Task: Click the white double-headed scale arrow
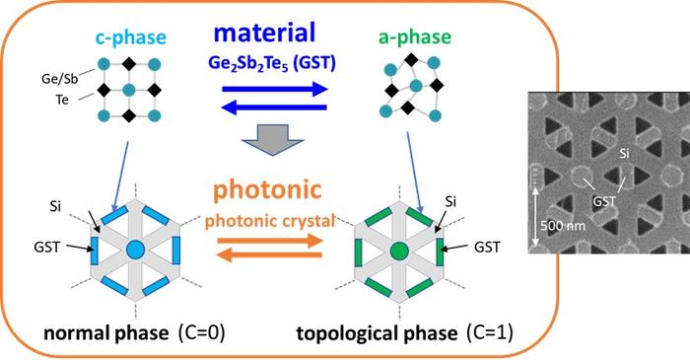pyautogui.click(x=533, y=224)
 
